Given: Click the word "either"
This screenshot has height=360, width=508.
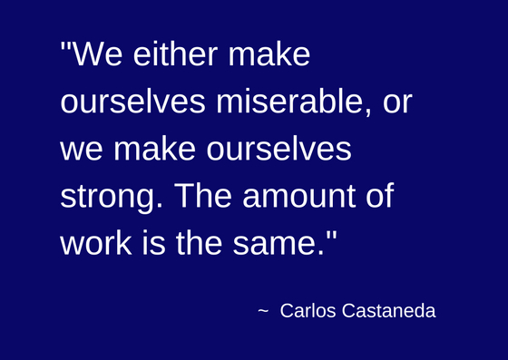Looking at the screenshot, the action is [175, 54].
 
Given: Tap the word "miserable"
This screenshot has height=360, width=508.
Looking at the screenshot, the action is [289, 101].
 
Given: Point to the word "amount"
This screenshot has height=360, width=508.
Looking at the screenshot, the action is [299, 196].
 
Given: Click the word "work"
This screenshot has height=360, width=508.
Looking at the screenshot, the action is [96, 243].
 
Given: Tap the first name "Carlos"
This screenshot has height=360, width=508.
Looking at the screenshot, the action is [308, 311].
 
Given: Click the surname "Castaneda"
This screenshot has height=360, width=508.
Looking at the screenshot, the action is [389, 311].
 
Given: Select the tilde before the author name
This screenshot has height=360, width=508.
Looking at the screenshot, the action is [263, 311].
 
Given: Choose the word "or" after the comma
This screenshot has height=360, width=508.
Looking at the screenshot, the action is [397, 104].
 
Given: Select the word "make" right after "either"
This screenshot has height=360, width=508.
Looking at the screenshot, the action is [269, 54].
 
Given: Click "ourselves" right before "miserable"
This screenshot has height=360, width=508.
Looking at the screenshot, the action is [132, 101].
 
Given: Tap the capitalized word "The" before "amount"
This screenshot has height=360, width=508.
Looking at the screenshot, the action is [203, 196].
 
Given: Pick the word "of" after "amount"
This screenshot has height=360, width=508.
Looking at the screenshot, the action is [380, 196].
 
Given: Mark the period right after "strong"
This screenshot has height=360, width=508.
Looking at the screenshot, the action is [159, 206].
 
